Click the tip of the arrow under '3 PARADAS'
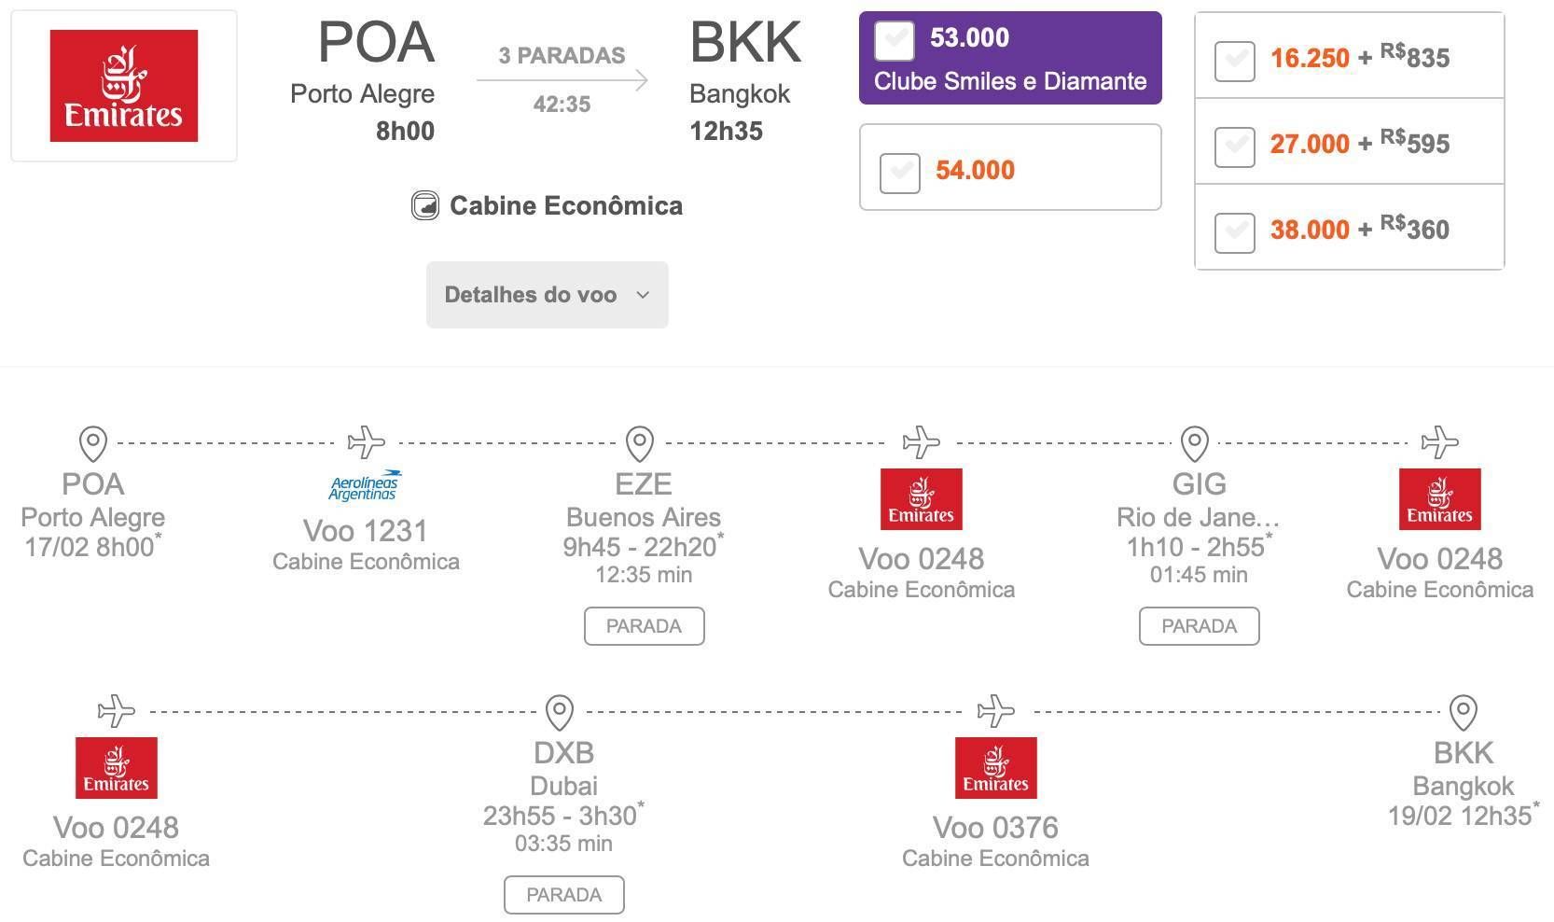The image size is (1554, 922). coord(648,80)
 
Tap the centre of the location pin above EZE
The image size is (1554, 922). coord(640,443)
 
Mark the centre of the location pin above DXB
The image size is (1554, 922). coord(559,712)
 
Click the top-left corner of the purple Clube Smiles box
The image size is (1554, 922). coord(860,12)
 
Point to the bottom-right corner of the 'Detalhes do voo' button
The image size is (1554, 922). coord(668,328)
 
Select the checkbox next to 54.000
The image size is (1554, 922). coord(900,173)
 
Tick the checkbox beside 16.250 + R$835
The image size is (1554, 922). coord(1235,61)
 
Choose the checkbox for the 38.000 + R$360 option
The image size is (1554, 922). coord(1235,232)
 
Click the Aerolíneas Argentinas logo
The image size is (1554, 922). coord(365,484)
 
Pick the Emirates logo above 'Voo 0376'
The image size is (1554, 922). coord(995,768)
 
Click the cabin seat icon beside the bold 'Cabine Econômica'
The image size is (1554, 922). coord(424,205)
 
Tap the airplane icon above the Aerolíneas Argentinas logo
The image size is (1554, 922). coord(367,442)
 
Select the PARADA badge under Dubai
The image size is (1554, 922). coord(564,895)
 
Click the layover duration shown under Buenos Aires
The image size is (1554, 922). coord(644,575)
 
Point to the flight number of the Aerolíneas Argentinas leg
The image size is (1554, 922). coord(366,531)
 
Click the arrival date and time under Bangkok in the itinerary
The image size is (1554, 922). coord(1460,816)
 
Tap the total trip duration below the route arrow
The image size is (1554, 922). coord(562,105)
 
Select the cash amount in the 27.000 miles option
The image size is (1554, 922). coord(1415,143)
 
